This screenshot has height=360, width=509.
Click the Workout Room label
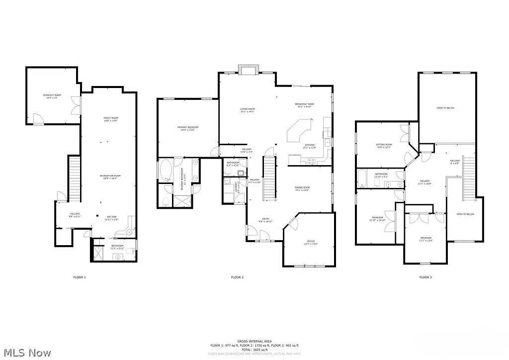[x=52, y=96]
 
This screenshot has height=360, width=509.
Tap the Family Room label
[x=110, y=119]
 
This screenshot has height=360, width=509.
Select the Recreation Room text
[x=110, y=177]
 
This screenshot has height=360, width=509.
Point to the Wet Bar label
[x=111, y=218]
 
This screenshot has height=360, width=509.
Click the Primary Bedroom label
[x=185, y=128]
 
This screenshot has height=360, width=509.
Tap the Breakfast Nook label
[x=304, y=105]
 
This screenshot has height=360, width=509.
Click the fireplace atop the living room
[x=248, y=70]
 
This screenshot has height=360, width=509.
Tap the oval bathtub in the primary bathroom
[x=166, y=170]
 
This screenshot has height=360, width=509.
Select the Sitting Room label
[x=384, y=146]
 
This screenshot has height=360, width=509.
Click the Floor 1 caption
[x=79, y=277]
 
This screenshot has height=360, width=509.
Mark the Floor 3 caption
[x=425, y=277]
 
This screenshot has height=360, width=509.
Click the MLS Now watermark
[x=26, y=353]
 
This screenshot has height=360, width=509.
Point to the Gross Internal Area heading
[x=254, y=342]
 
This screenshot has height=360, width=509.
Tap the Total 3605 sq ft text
[x=254, y=349]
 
